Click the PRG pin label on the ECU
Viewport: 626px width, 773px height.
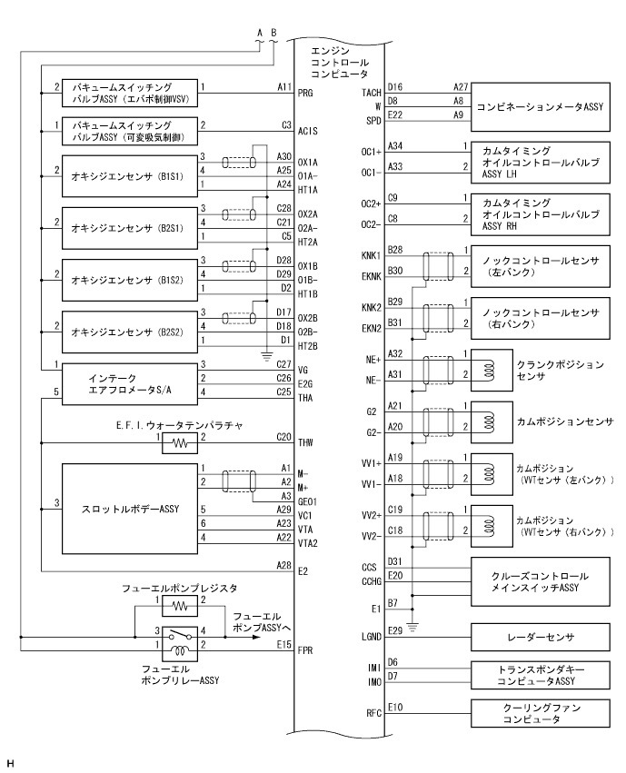click(307, 92)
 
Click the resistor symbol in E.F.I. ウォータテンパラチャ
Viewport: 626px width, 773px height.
click(180, 444)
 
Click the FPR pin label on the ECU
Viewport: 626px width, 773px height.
click(306, 650)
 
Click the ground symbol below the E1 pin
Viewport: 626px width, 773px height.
click(414, 626)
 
